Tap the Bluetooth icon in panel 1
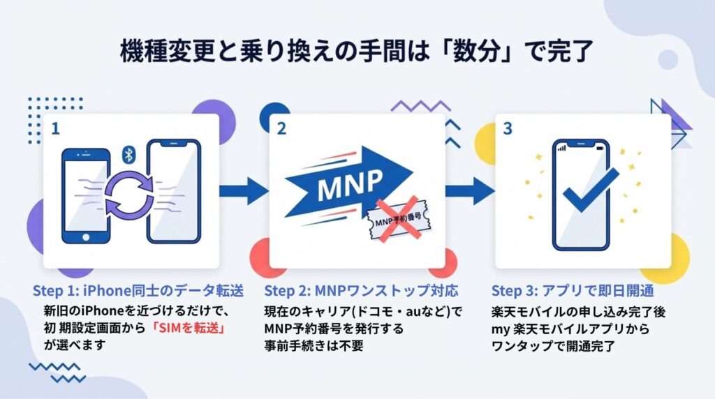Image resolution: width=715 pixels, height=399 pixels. [x=128, y=154]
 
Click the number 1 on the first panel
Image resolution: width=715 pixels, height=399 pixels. [x=55, y=128]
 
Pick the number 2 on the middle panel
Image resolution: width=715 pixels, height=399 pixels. [x=281, y=130]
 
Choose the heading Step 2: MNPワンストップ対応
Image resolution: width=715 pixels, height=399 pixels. [x=361, y=290]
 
